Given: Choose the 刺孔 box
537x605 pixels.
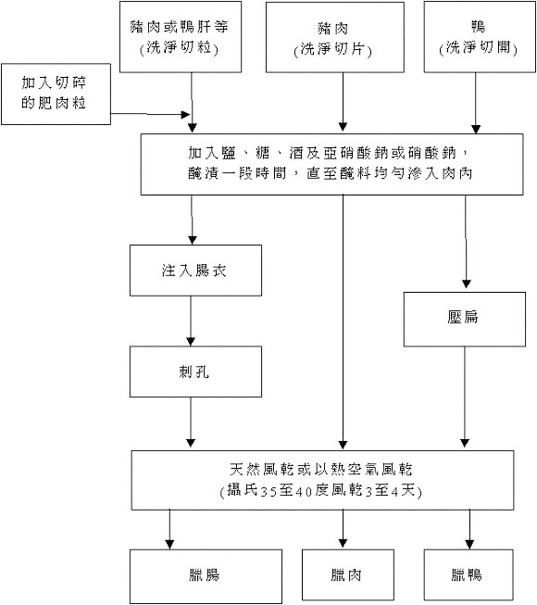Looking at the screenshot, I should (x=192, y=372).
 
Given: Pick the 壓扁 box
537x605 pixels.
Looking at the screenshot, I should (x=465, y=317).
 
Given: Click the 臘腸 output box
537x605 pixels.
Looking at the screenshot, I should (x=192, y=575).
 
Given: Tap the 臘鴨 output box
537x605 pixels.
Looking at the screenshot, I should (x=468, y=575).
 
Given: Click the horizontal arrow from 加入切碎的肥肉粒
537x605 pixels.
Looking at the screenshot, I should (x=148, y=116).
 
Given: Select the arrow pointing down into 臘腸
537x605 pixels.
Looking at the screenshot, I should (x=171, y=527).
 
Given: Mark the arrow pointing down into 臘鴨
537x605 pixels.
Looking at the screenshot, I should (x=469, y=527).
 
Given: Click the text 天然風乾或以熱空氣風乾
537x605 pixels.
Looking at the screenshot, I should (x=320, y=471).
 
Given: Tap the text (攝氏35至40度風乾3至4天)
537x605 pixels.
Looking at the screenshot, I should (x=320, y=491).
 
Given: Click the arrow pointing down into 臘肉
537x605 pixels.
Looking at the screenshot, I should (x=344, y=527).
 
